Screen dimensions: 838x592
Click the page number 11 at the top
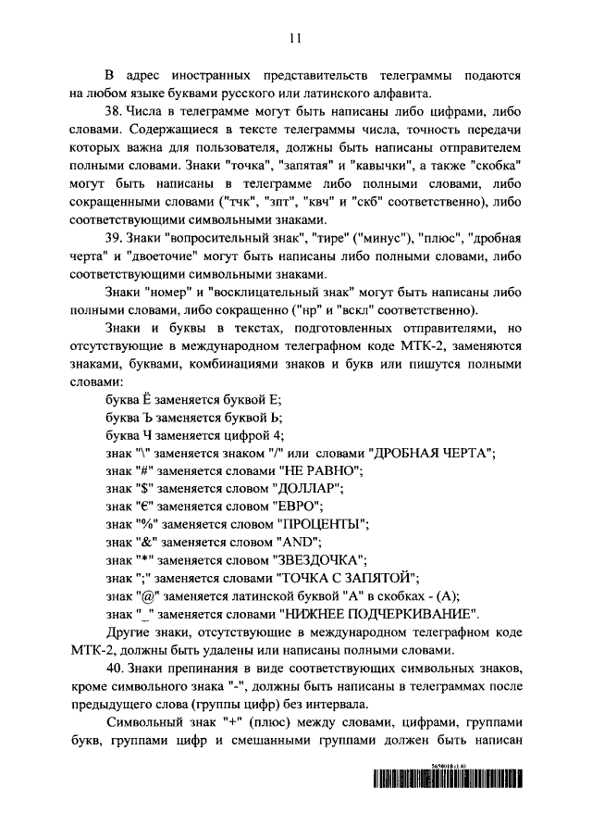[295, 38]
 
